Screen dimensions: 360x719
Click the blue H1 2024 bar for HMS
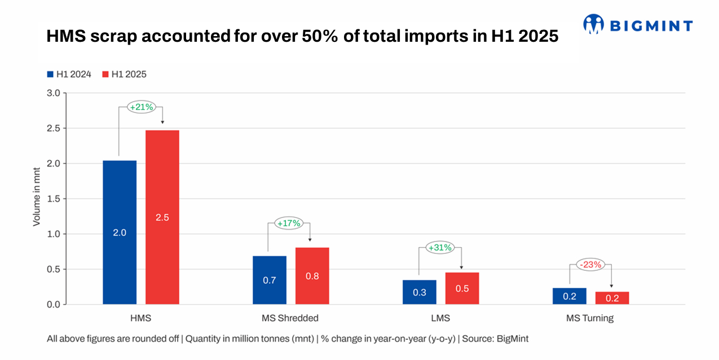tap(120, 232)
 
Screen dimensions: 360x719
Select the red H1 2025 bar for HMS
tap(162, 217)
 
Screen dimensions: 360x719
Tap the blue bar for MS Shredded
tap(270, 280)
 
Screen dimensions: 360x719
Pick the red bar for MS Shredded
tap(312, 276)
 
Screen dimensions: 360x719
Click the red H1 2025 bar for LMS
tap(462, 288)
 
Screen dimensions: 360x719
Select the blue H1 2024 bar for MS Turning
tap(570, 296)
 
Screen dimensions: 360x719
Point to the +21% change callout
tap(141, 107)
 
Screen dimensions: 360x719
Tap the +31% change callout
tap(440, 248)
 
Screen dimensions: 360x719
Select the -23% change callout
tap(590, 264)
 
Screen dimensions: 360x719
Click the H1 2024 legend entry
tap(69, 74)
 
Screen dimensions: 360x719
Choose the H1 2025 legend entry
tap(124, 74)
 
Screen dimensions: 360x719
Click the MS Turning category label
tap(590, 318)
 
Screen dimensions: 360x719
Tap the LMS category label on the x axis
tap(440, 318)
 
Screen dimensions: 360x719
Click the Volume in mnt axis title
tap(37, 199)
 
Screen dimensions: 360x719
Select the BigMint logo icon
tap(593, 24)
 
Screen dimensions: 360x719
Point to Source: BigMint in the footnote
tap(496, 339)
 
